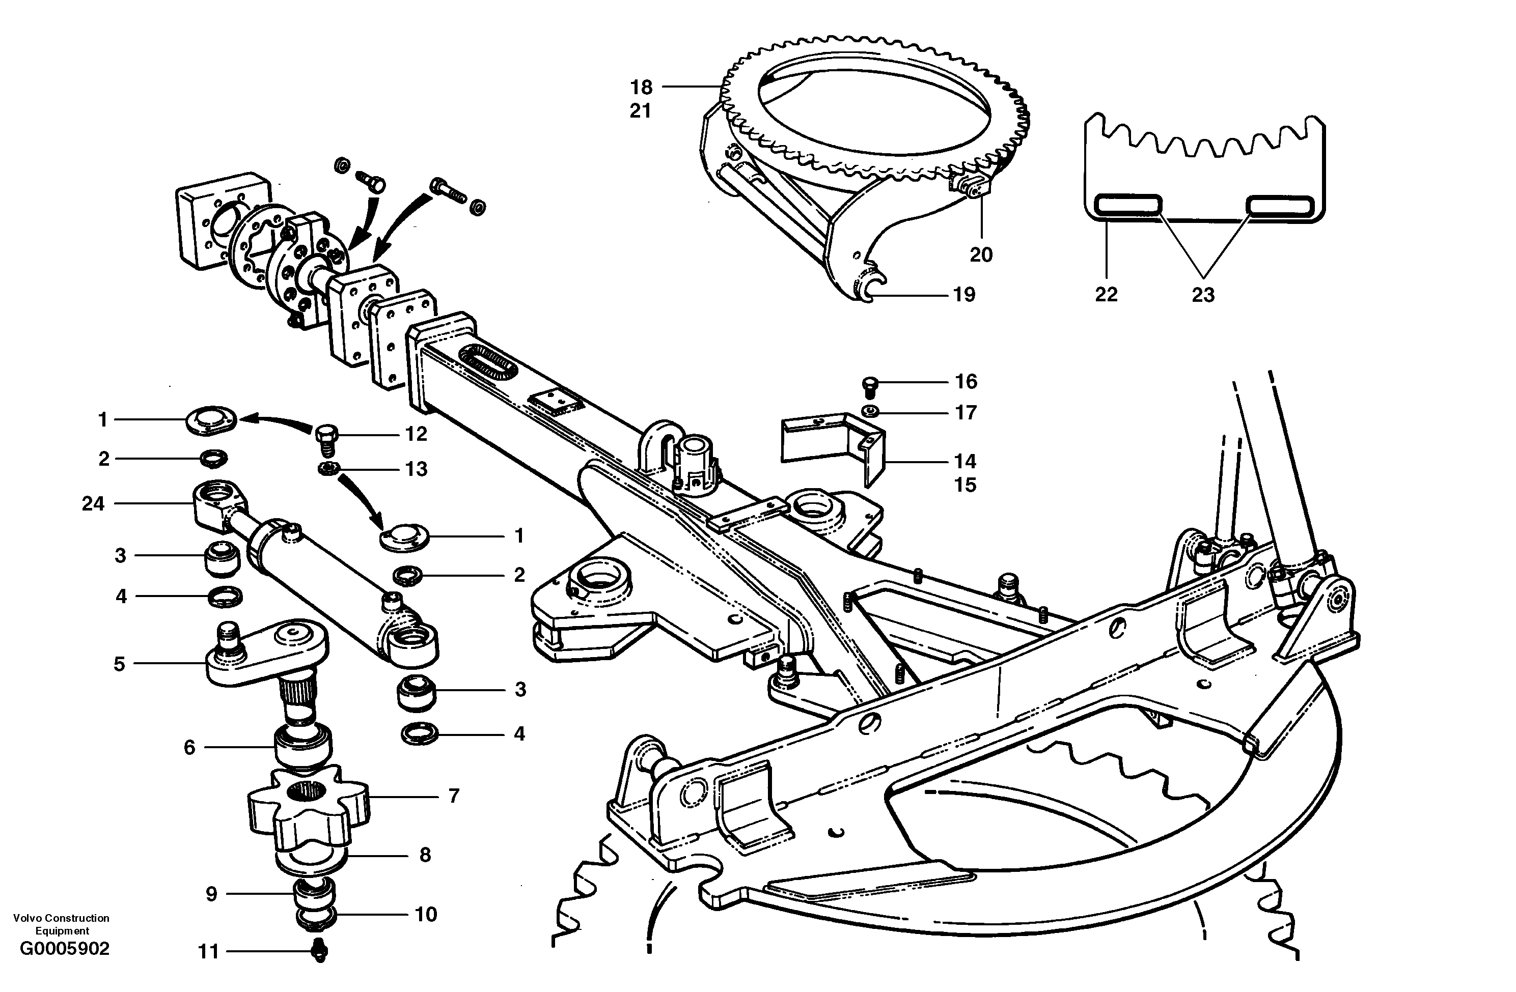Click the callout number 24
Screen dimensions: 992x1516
93,504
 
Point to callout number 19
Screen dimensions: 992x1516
964,295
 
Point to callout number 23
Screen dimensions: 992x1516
1203,295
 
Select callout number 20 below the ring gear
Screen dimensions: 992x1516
981,254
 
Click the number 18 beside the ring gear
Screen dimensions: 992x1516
642,87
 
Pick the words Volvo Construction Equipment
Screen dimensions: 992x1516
61,924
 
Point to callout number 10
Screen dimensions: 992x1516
426,914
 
